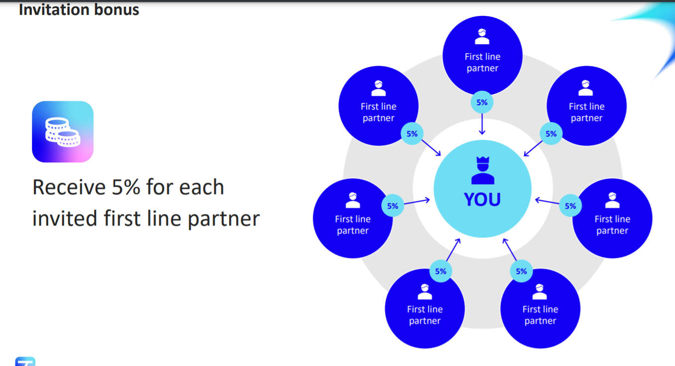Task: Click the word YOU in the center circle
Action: [482, 199]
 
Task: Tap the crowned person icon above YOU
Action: [483, 170]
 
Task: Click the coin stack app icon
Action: [63, 131]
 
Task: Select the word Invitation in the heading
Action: [53, 9]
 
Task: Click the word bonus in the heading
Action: [117, 9]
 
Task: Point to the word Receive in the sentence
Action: [69, 187]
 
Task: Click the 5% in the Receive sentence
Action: [126, 187]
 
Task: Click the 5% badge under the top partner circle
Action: [482, 103]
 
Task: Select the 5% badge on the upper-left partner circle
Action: [412, 133]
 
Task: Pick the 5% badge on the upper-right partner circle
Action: [551, 133]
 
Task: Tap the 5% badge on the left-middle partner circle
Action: [393, 206]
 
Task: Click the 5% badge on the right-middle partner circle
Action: [570, 206]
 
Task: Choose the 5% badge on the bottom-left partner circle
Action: [440, 271]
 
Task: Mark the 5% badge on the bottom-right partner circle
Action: [521, 271]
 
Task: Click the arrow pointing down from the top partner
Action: [482, 124]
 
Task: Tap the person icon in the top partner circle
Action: [482, 36]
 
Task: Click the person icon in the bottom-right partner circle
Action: [540, 292]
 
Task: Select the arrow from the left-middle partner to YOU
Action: [417, 201]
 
